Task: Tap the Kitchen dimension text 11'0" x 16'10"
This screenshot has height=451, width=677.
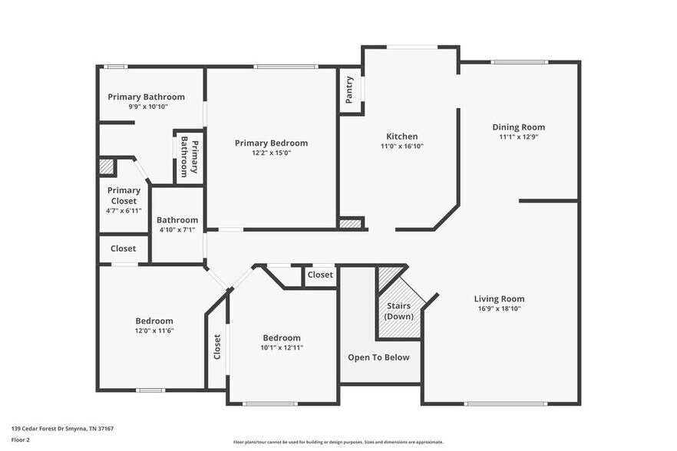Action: point(401,146)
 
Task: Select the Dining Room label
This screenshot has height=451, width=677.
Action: point(518,127)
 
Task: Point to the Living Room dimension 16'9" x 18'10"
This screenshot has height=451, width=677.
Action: point(499,308)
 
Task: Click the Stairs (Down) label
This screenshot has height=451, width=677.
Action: point(398,311)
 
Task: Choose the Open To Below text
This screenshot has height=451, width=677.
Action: point(378,357)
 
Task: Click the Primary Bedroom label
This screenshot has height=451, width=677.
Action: point(271,143)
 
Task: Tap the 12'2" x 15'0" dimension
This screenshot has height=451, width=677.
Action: point(271,153)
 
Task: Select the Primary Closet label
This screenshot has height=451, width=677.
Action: point(124,196)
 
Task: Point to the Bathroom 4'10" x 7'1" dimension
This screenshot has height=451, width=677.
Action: point(177,229)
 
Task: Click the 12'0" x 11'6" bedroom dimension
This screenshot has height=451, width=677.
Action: point(154,330)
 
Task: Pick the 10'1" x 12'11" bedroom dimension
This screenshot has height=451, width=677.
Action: point(282,347)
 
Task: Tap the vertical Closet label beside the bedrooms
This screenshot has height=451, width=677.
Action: point(217,347)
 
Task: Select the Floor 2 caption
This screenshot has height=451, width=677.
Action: point(20,440)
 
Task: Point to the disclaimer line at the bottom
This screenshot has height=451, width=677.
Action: point(338,442)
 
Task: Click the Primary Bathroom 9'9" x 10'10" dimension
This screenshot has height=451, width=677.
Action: point(146,107)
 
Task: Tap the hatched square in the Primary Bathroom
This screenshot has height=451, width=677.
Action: point(106,166)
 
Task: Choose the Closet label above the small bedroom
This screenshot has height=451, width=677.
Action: point(320,275)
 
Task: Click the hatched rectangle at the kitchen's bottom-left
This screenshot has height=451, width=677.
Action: point(351,223)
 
